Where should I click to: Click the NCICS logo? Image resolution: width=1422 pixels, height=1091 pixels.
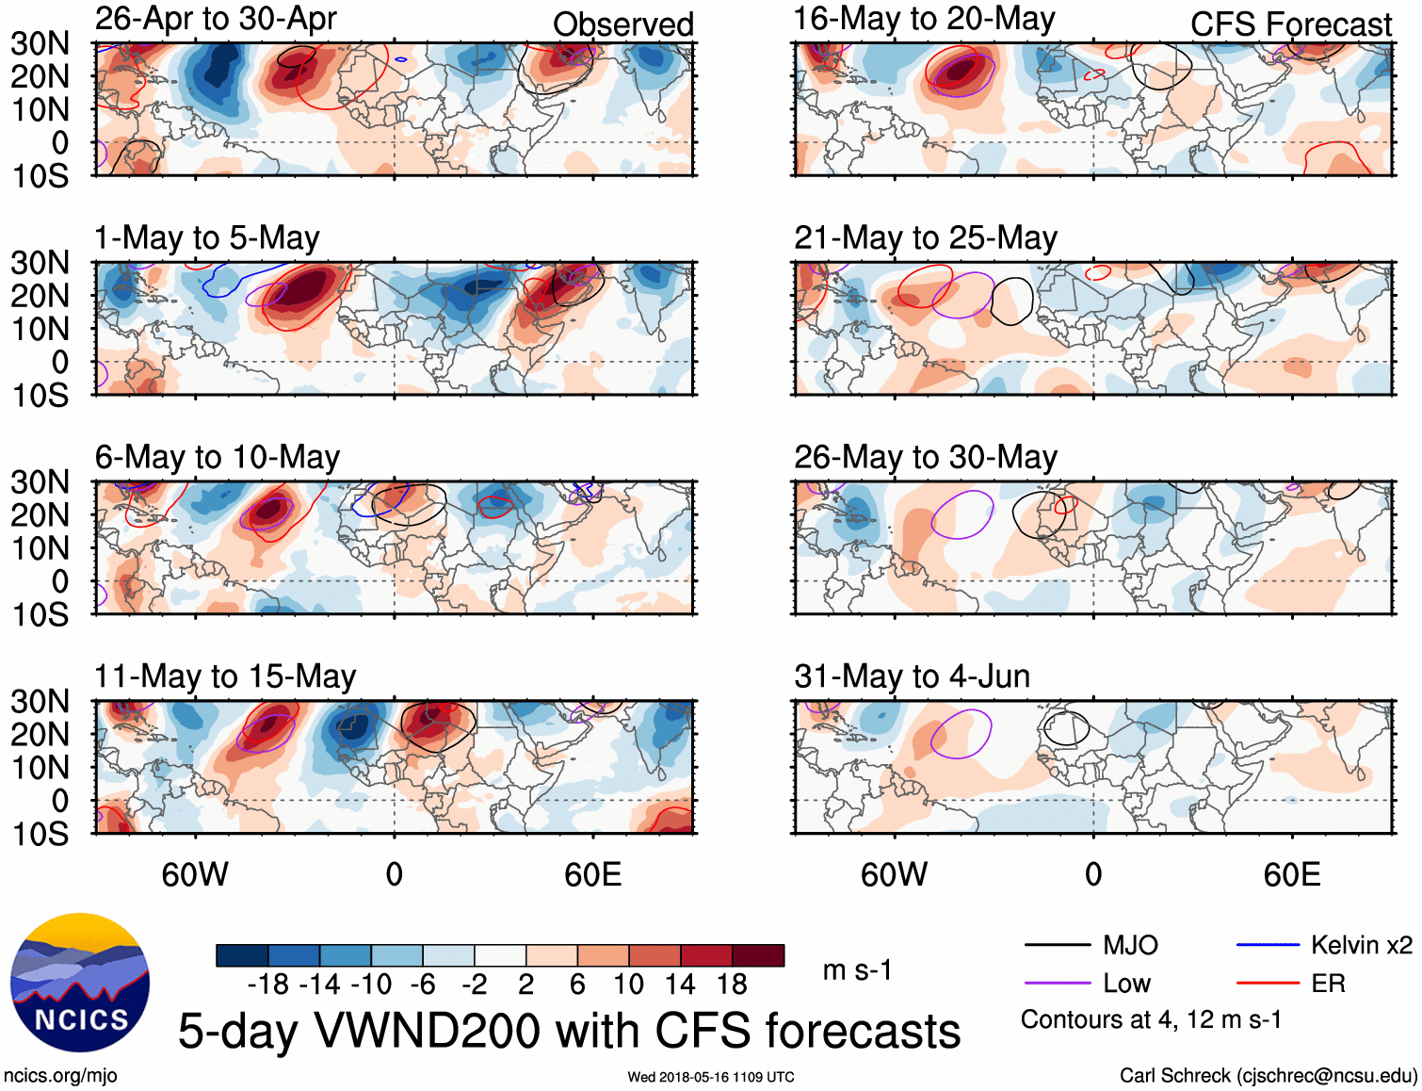(80, 983)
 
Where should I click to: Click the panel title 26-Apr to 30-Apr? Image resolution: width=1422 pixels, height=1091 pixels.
(216, 19)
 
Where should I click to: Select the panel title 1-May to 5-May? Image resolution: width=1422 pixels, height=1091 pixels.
(207, 238)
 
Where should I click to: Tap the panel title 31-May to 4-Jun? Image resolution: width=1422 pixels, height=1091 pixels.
(912, 676)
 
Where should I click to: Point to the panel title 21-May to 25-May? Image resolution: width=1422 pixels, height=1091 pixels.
(925, 238)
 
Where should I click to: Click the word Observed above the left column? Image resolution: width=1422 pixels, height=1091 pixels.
(622, 24)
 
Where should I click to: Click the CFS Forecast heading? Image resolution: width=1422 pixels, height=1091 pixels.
(1290, 24)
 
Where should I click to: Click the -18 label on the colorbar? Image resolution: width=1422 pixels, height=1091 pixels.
(268, 985)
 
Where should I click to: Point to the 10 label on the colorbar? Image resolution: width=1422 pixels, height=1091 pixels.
(628, 985)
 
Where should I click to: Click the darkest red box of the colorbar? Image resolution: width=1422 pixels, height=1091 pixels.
(758, 955)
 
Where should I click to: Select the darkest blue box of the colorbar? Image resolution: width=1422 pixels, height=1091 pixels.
(242, 955)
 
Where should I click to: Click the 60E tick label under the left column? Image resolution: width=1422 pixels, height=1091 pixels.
(592, 874)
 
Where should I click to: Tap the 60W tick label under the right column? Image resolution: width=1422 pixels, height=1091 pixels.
(894, 874)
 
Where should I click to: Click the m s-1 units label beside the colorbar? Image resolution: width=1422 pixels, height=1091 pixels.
(857, 969)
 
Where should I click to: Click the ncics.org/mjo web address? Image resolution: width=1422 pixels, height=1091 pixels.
(60, 1076)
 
